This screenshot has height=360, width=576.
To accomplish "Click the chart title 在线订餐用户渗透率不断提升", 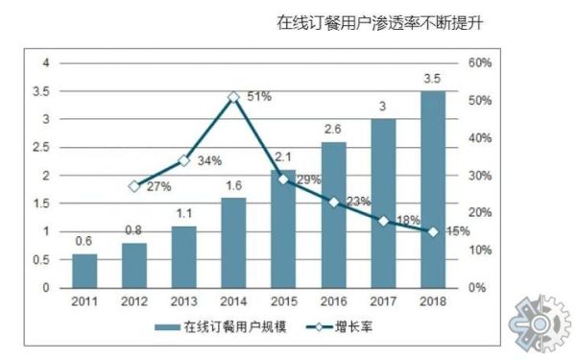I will [377, 21].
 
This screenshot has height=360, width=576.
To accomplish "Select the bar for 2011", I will [85, 271].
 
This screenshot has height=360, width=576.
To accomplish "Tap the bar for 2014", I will [233, 243].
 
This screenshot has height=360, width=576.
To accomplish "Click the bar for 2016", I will [333, 215].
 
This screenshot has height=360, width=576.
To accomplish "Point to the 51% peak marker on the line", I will [233, 97].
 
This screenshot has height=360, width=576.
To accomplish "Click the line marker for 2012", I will [134, 186].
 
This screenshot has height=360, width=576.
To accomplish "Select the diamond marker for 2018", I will [433, 231].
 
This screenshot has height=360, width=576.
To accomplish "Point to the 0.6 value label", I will [84, 243].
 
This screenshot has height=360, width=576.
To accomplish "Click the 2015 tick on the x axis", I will [283, 302].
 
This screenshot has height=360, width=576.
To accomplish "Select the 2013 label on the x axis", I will [183, 302].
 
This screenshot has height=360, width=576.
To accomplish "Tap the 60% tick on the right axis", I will [480, 63].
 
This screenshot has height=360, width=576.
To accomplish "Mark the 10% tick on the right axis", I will [480, 250].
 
